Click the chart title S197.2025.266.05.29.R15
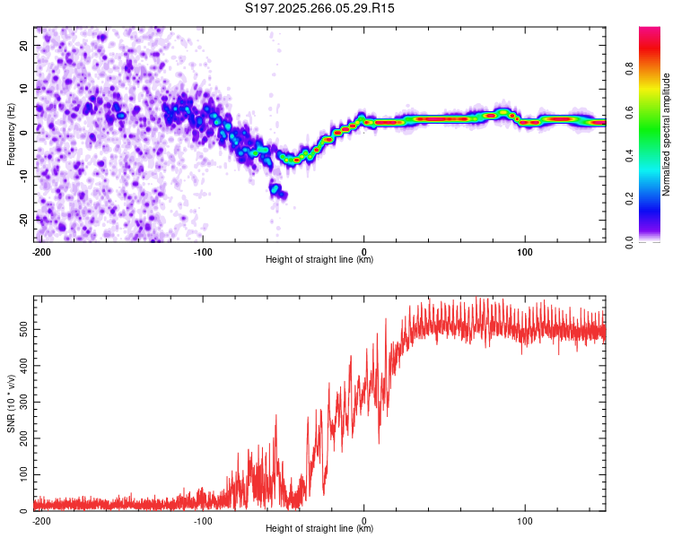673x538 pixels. tap(320, 8)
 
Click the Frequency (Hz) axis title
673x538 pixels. tap(11, 133)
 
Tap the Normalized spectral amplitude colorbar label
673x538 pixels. tap(667, 133)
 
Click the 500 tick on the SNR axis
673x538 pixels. tap(22, 329)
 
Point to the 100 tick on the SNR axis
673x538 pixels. tap(22, 473)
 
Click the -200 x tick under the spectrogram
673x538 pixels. tap(40, 251)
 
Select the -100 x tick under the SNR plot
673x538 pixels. tap(203, 520)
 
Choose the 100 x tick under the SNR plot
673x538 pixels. tap(525, 520)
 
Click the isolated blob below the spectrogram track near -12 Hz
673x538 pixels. tap(276, 189)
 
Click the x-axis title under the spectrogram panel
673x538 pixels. tap(319, 260)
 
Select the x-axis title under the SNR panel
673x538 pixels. tap(319, 529)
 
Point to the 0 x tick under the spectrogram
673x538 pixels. tap(364, 251)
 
